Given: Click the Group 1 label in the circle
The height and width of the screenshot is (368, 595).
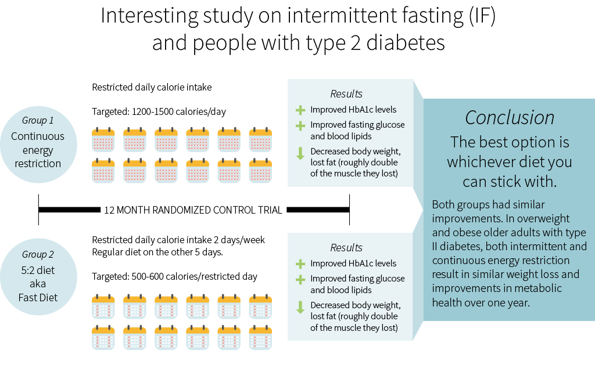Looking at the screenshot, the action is coord(38,121).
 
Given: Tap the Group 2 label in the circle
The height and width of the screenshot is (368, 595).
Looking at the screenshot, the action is coord(38,254).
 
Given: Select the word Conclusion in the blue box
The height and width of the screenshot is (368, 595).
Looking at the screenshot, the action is coord(510,117).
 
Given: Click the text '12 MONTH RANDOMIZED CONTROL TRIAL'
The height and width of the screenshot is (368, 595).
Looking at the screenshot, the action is coord(193,210).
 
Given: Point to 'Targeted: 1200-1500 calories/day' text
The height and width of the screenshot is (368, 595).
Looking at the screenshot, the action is coord(159,112).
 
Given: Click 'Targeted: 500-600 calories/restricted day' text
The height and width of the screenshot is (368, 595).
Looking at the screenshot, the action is coord(174,277).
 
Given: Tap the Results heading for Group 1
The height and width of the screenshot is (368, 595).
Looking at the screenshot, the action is coord(346,94).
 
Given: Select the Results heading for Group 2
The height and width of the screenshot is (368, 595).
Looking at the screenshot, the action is coord(346,248).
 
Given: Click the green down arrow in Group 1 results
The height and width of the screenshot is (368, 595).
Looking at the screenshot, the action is coord(300,153).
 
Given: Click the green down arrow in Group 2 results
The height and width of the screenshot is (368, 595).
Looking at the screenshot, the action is coord(300,307).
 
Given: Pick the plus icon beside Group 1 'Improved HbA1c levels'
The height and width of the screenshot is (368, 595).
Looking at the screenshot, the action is coord(300,110).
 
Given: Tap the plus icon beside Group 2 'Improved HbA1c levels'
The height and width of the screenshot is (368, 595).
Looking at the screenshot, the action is coord(300,264).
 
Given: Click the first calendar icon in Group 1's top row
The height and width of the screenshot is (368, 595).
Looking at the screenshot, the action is coord(103,139).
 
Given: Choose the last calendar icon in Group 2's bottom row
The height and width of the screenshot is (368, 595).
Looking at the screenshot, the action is coord(260,337).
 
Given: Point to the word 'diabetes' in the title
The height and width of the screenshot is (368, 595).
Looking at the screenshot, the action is coord(405,42).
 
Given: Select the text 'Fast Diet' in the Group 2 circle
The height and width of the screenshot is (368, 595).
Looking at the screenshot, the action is coord(38,298).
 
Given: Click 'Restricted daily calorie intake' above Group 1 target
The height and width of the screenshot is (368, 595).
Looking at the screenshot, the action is coord(152,87).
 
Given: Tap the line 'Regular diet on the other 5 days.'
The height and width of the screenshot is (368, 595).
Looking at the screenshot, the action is coord(157,252).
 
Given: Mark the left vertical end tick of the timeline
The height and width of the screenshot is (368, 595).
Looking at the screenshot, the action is coord(38,210).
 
